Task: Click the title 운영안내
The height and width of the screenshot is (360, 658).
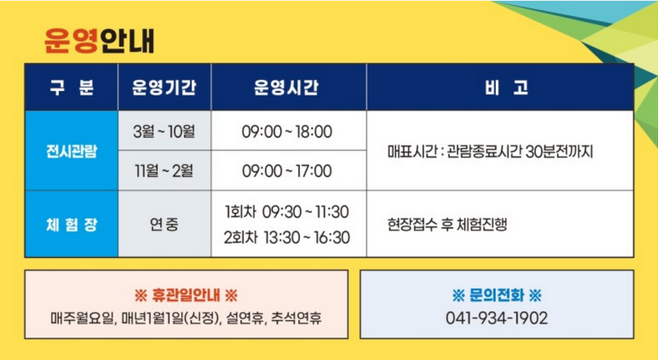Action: point(99,39)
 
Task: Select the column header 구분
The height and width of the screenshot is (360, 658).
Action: point(71,88)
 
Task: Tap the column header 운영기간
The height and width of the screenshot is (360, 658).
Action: point(164,88)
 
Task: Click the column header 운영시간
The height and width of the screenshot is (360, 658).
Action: point(287,88)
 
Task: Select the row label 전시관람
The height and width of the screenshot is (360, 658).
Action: point(71,151)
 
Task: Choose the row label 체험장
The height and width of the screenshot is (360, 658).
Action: point(71,224)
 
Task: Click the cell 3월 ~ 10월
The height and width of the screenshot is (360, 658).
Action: point(164,131)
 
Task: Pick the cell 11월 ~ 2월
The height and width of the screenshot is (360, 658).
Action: point(164,170)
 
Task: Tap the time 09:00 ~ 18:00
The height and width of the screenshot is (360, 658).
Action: point(287,131)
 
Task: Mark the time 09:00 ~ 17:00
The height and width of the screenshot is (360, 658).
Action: point(287,170)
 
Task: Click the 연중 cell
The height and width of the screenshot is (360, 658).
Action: point(164,224)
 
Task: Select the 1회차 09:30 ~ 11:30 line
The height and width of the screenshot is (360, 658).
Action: point(287,212)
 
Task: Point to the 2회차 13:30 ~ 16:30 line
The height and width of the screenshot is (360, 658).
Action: point(287,237)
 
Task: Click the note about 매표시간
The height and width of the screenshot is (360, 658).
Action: point(490,151)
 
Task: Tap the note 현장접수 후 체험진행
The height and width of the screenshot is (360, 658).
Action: point(447,224)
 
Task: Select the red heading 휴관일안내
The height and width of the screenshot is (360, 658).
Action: point(185,295)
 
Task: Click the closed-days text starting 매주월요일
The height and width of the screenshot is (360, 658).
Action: point(185,319)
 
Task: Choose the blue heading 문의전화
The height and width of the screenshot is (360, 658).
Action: point(496,295)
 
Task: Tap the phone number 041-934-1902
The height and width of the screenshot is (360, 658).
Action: point(496,319)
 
